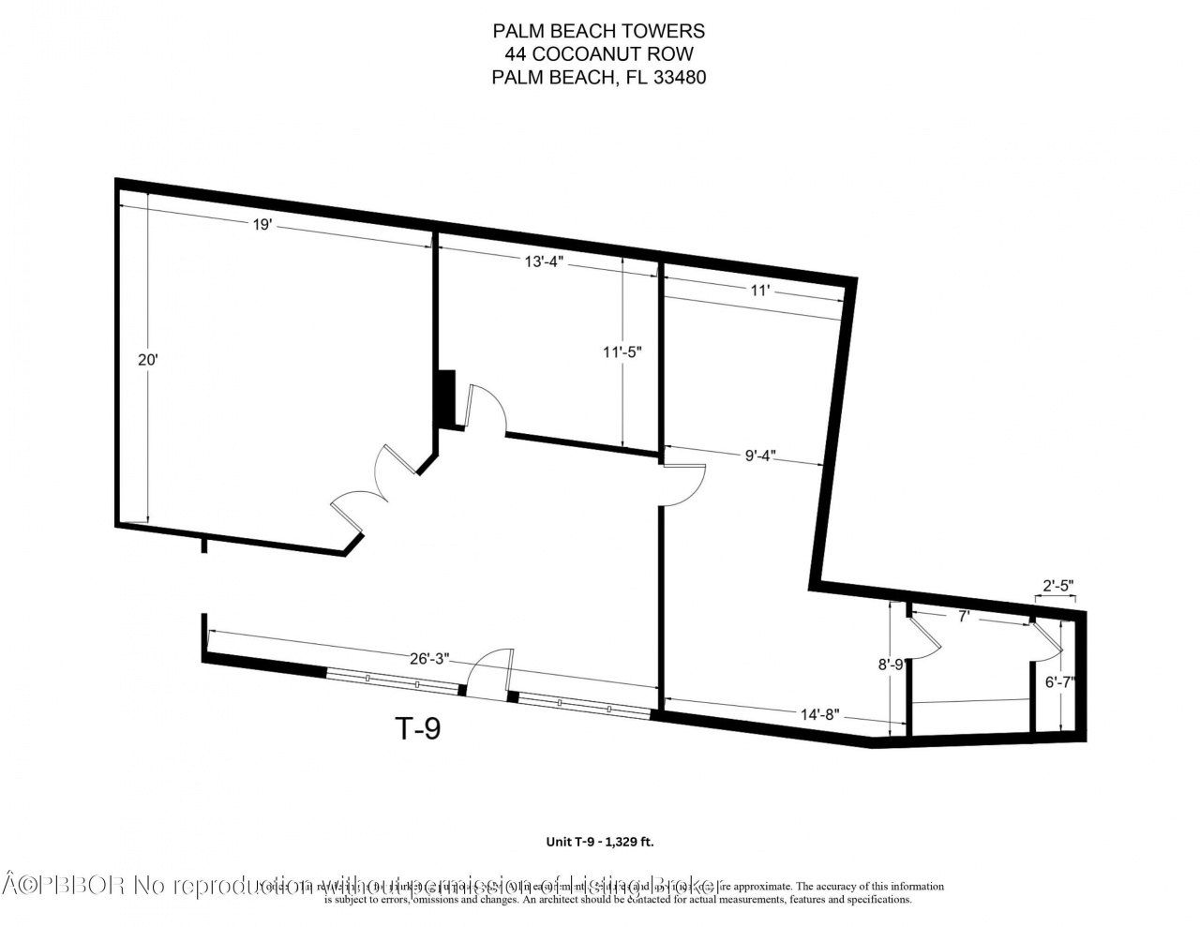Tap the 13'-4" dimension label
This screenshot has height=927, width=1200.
(543, 262)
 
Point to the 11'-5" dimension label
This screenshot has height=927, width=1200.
(622, 352)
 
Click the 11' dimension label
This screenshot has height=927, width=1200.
(759, 291)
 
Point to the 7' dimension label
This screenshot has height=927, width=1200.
(962, 617)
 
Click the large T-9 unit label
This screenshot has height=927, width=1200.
(414, 728)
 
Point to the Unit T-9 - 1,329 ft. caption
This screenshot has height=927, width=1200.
(600, 842)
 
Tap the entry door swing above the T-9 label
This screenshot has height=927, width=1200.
(490, 671)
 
